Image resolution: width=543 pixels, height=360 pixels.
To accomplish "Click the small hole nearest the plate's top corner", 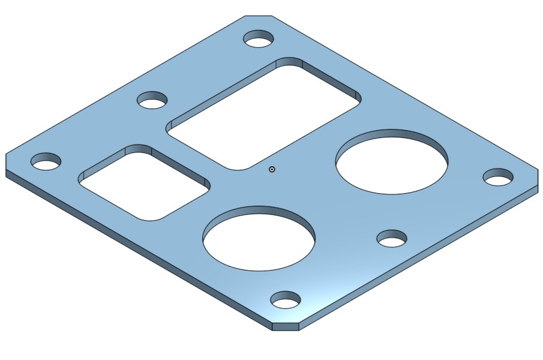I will coord(259,40).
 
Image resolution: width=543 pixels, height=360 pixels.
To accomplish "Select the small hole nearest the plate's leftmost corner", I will coord(46,161).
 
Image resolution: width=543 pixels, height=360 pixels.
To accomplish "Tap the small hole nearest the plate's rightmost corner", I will coord(498,178).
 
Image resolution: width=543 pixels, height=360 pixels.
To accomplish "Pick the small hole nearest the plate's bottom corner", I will coord(286,300).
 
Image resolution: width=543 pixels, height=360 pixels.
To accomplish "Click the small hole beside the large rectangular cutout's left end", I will coord(152,100).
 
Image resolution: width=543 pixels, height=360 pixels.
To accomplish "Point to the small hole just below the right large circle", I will coord(392,239).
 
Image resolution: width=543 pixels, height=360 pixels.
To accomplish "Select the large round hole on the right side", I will coord(391,165).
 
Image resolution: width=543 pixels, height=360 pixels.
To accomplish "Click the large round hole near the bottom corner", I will coord(259,243).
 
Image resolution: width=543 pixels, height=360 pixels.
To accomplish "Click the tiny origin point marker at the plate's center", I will coord(272,169).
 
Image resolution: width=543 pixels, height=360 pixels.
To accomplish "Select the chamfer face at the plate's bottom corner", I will coord(286,326).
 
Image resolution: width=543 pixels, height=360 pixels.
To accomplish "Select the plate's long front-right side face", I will coord(420,259).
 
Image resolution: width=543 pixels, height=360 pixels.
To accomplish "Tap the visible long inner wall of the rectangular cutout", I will coord(330,77).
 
